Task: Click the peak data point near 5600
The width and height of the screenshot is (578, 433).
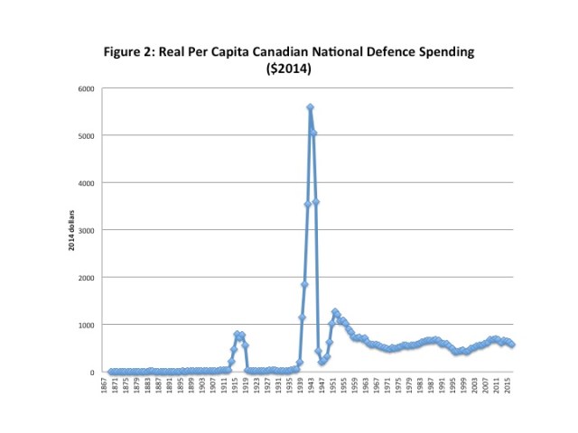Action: pyautogui.click(x=310, y=107)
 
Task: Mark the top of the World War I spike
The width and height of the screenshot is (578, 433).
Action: pyautogui.click(x=237, y=334)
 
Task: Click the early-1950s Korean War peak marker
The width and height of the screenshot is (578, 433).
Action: pyautogui.click(x=335, y=312)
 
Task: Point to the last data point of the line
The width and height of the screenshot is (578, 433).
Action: pyautogui.click(x=512, y=345)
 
